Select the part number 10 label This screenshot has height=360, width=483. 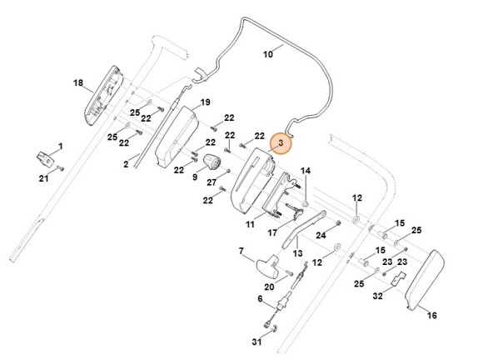tap(268, 55)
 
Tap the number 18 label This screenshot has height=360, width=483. tap(78, 83)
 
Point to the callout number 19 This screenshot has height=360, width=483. tap(205, 102)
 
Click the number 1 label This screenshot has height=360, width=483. tap(60, 147)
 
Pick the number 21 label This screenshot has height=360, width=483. tap(44, 177)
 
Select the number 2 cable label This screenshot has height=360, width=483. tap(126, 165)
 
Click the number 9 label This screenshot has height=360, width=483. tap(195, 177)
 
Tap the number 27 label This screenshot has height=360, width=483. tap(212, 182)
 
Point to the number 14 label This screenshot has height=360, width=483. tap(306, 171)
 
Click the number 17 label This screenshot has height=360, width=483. tap(272, 234)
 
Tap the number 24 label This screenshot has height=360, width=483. tap(321, 236)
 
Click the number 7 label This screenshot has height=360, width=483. tap(242, 250)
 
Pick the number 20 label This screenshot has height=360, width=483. tap(269, 288)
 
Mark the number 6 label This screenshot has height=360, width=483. tap(260, 298)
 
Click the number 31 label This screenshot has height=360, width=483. tap(257, 342)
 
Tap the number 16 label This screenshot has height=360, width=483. tap(431, 316)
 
